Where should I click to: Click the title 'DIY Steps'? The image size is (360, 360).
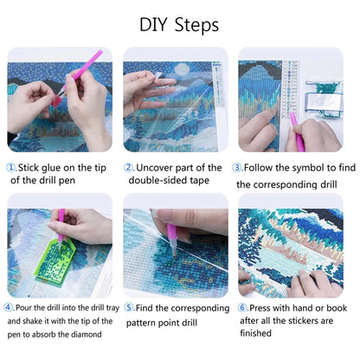(179, 23)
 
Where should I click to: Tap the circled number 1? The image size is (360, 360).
(11, 168)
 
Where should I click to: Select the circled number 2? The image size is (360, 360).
(129, 168)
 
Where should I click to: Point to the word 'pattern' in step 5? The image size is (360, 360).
(145, 322)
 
